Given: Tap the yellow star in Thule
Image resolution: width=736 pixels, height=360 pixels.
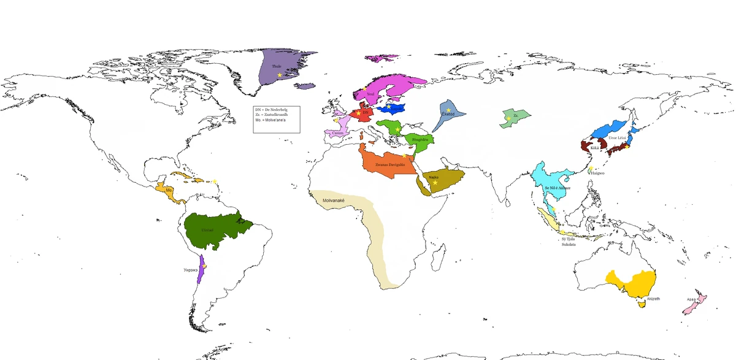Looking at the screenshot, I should pos(280,75).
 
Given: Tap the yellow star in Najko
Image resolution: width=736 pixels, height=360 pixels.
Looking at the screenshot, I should pos(435,183).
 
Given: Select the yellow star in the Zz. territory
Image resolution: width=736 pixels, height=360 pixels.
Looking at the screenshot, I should pos(508,118).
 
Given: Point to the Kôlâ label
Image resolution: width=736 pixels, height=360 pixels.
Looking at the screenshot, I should pos(594,148).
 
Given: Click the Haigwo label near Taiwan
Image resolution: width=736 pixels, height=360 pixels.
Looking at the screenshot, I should pos(597,173).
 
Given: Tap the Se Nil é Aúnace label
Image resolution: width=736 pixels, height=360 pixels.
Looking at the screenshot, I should pos(557,187).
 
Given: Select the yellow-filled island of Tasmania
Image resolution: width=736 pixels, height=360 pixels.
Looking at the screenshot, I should pos(642,302).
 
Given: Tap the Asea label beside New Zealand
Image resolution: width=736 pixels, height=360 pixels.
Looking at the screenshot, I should pos(691,300).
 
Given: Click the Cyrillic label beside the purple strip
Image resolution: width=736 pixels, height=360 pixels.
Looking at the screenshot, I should pos(190,270).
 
